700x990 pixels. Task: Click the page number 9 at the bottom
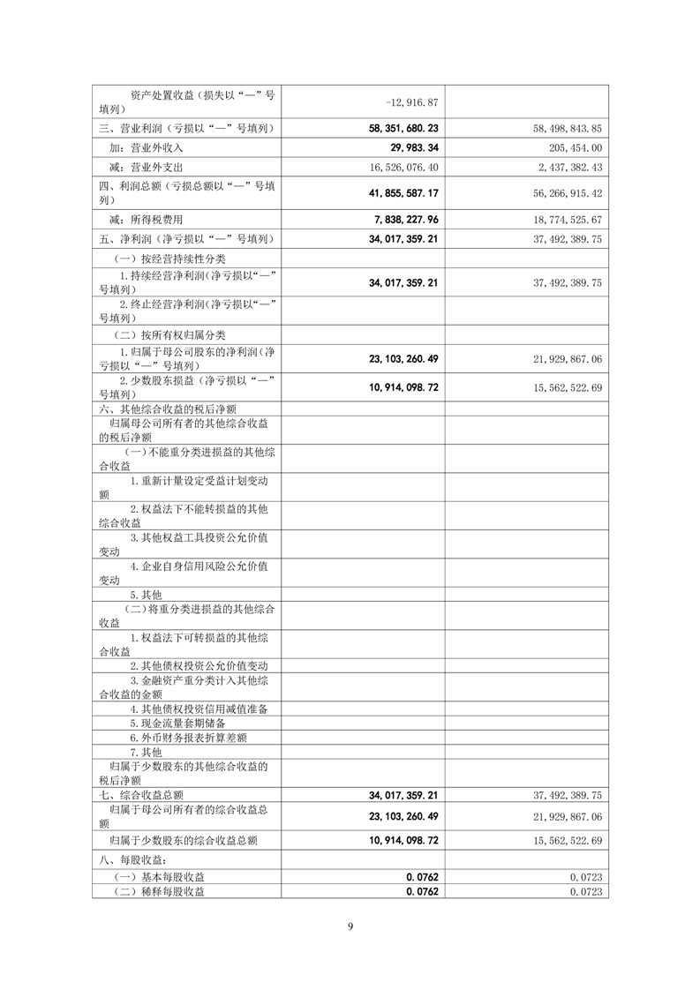coord(350,926)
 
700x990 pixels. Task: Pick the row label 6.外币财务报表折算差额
coord(188,738)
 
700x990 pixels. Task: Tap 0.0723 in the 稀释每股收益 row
coord(586,892)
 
